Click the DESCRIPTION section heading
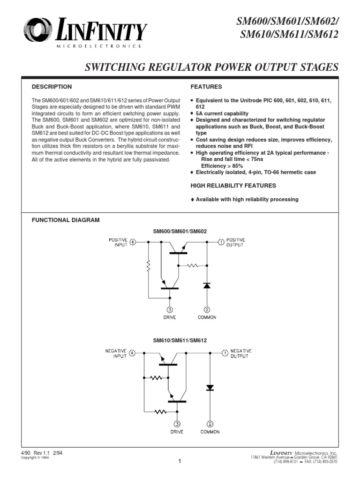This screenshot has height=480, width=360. click(x=52, y=87)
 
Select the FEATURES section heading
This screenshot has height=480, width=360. click(x=206, y=87)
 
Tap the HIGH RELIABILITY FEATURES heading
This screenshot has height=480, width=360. click(x=226, y=186)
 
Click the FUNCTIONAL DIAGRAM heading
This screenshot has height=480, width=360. click(x=65, y=220)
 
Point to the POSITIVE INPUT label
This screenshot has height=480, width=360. click(x=118, y=242)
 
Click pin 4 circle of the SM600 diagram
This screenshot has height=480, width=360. click(x=133, y=242)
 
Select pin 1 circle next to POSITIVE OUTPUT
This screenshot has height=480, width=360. click(x=221, y=242)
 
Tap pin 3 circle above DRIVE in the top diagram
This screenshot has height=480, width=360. click(x=170, y=309)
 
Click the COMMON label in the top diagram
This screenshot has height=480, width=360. click(x=207, y=317)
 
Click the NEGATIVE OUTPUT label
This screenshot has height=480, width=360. click(x=241, y=353)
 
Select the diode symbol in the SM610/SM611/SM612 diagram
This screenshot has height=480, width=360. click(x=210, y=388)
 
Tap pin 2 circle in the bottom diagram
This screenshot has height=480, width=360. click(x=210, y=423)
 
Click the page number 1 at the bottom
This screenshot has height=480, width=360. click(x=180, y=461)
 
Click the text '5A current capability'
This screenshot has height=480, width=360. click(x=222, y=114)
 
